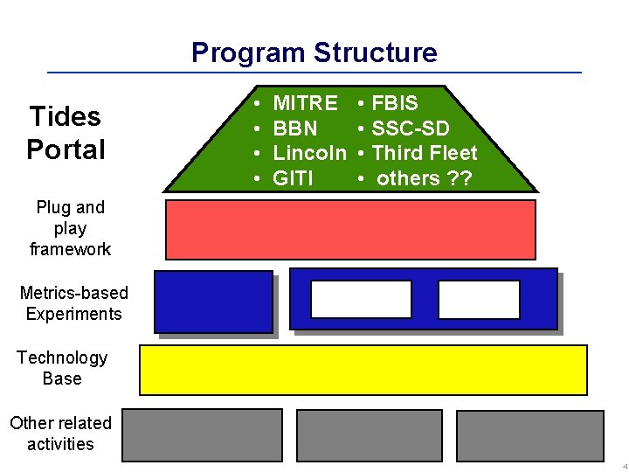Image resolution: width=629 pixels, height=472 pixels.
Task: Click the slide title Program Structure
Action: pos(314,52)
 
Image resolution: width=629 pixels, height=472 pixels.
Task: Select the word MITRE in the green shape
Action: pos(305,103)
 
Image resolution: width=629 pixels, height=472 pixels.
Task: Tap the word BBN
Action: pos(295,128)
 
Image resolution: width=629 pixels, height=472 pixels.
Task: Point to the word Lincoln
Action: pos(310,153)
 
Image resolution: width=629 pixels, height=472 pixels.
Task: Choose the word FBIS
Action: pos(395,103)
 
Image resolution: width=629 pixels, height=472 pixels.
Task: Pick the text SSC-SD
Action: pos(411,128)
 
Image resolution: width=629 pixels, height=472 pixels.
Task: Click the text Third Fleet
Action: pos(425,153)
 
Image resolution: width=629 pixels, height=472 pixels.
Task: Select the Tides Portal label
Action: pos(66,133)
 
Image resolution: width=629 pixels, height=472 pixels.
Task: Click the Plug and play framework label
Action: pos(70,228)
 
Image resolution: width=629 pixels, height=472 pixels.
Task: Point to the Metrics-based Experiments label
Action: pos(73,303)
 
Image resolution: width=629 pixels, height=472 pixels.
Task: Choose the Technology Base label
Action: pos(62,368)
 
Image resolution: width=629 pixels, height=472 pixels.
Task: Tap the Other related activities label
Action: pos(60,434)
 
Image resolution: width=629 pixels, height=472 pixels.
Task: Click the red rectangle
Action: pos(350,229)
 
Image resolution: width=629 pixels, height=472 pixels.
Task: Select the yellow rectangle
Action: pos(363,370)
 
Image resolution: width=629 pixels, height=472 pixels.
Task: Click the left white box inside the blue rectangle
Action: pos(349,299)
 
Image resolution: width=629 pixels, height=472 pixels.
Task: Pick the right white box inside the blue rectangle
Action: pos(479,299)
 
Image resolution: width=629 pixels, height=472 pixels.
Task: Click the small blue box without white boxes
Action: pos(214,302)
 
